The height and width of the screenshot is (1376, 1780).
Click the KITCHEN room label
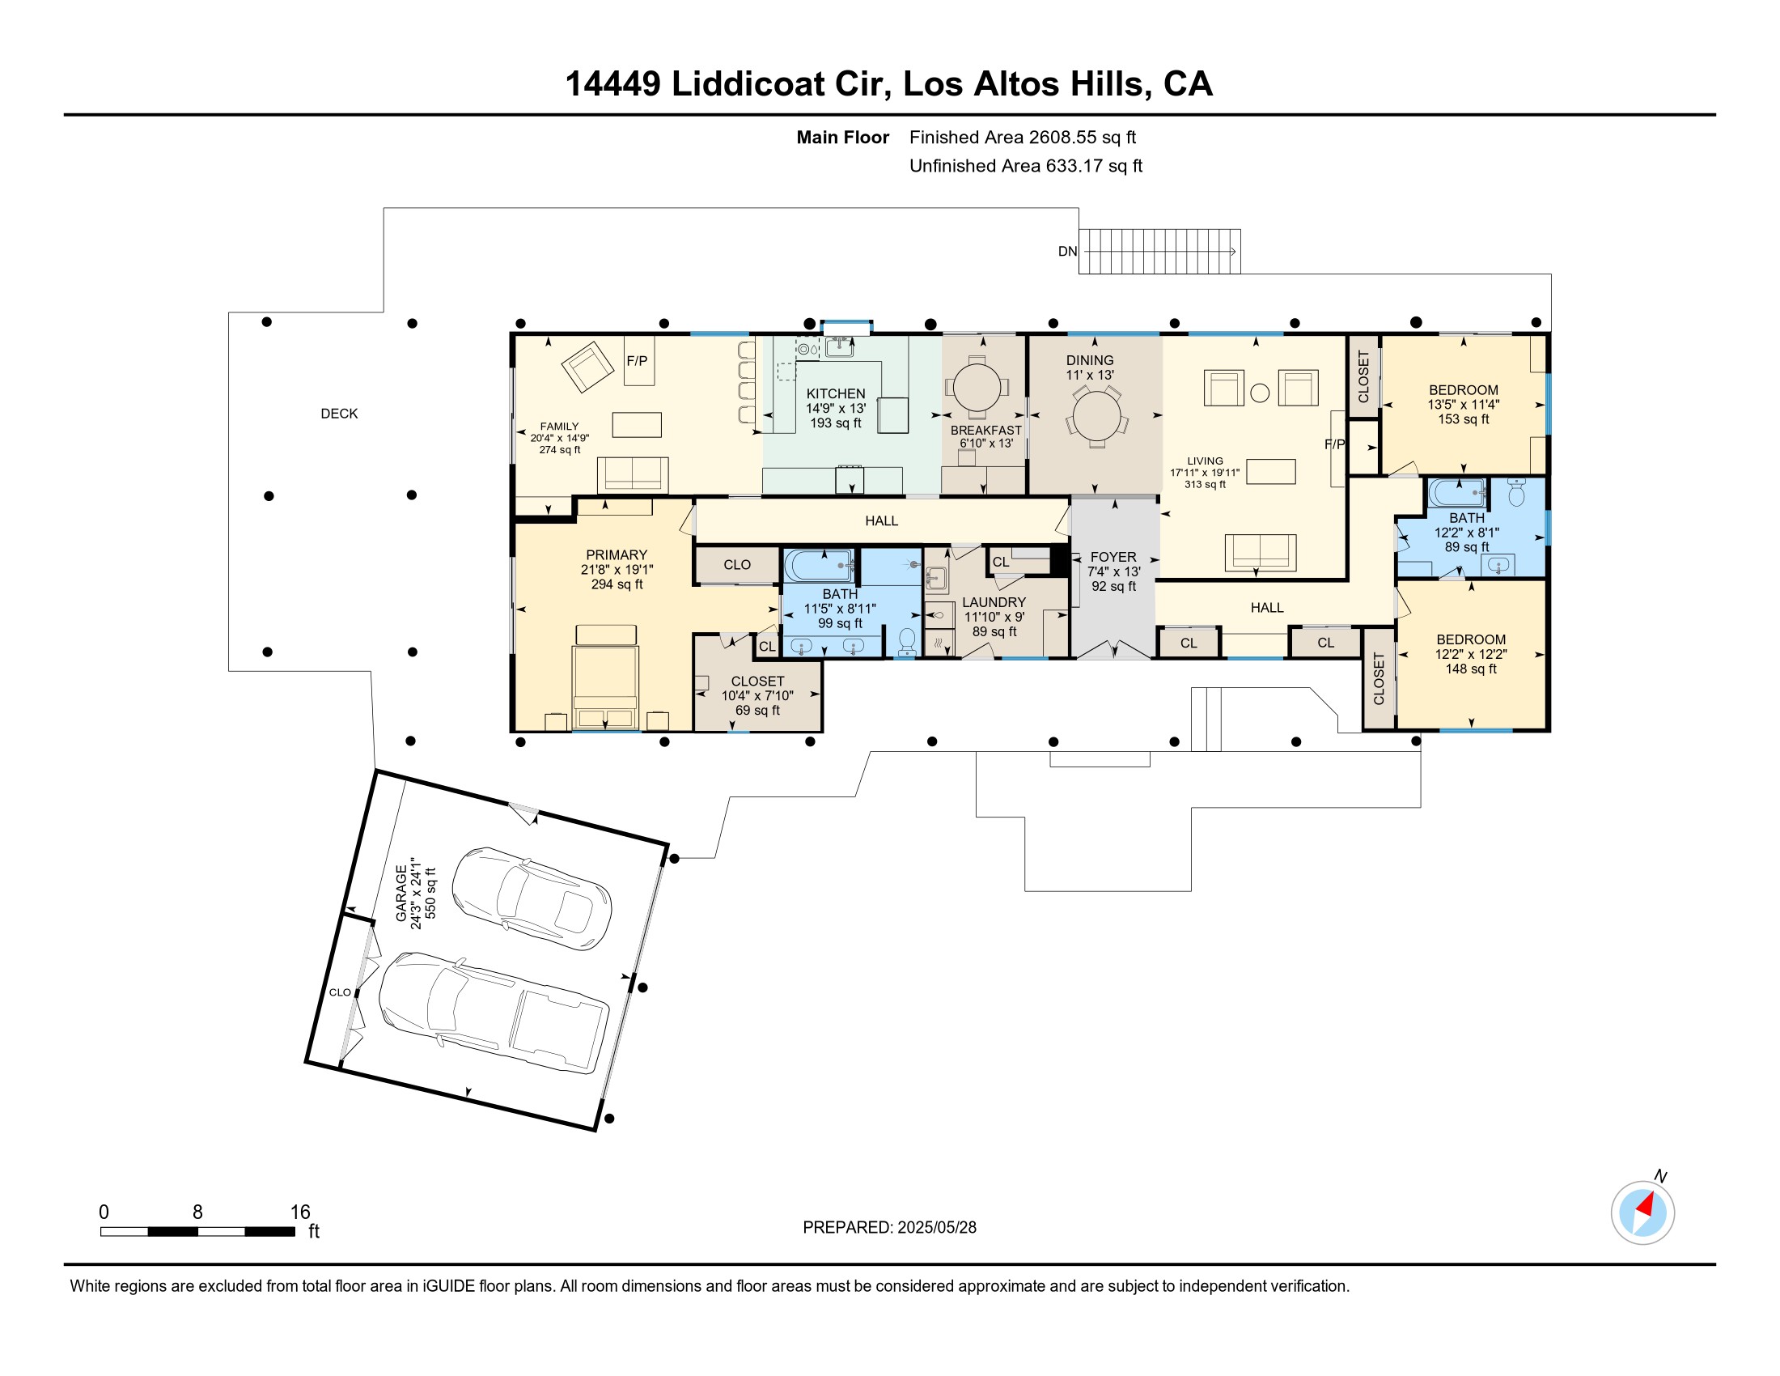836,393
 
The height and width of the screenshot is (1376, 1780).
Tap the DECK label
339,414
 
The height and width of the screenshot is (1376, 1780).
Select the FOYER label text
1113,558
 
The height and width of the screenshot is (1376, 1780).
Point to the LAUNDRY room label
994,602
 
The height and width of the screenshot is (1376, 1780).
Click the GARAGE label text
401,894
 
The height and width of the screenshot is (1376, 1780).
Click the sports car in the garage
532,898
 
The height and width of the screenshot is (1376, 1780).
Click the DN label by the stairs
1067,252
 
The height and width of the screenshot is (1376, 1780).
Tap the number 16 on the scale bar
300,1212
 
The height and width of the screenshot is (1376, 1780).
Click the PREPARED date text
889,1228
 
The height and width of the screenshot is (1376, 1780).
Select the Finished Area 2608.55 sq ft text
1022,138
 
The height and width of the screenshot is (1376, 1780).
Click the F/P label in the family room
637,361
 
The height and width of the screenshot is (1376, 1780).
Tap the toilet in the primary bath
906,641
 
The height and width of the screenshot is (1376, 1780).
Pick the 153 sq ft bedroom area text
1463,420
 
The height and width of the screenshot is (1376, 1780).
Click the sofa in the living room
1260,552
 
